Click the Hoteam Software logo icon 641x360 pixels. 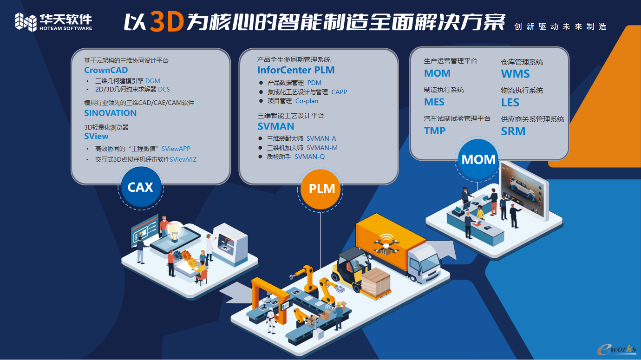pyautogui.click(x=26, y=22)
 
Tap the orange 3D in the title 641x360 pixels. pyautogui.click(x=167, y=22)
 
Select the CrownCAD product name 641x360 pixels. pyautogui.click(x=106, y=70)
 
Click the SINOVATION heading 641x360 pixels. pyautogui.click(x=110, y=113)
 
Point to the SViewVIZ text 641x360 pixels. pyautogui.click(x=183, y=159)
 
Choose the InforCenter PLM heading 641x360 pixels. pyautogui.click(x=296, y=70)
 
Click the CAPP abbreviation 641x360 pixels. pyautogui.click(x=339, y=92)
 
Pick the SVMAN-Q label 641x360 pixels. pyautogui.click(x=310, y=157)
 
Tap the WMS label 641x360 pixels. pyautogui.click(x=516, y=74)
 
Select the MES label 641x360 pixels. pyautogui.click(x=434, y=102)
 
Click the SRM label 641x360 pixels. pyautogui.click(x=513, y=131)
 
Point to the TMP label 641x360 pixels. pyautogui.click(x=435, y=131)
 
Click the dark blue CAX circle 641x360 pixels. pyautogui.click(x=140, y=188)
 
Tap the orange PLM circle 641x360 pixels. pyautogui.click(x=320, y=189)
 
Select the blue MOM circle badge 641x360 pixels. pyautogui.click(x=478, y=159)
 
